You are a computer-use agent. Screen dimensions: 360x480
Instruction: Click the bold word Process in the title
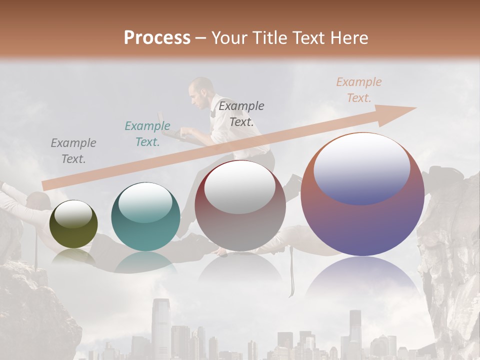pos(157,38)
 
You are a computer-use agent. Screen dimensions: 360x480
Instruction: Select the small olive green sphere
pos(73,224)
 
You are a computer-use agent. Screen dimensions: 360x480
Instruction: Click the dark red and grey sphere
pos(240,205)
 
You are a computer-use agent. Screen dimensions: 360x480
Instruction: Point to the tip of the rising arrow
pos(415,108)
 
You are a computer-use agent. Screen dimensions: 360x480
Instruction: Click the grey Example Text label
pos(73,151)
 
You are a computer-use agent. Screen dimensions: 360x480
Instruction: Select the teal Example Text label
pos(147,134)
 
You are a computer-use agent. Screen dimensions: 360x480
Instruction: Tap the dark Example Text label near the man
pos(241,113)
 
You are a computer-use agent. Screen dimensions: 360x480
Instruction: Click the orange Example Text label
pos(358,90)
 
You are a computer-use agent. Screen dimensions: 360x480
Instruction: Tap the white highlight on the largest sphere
pos(361,167)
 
